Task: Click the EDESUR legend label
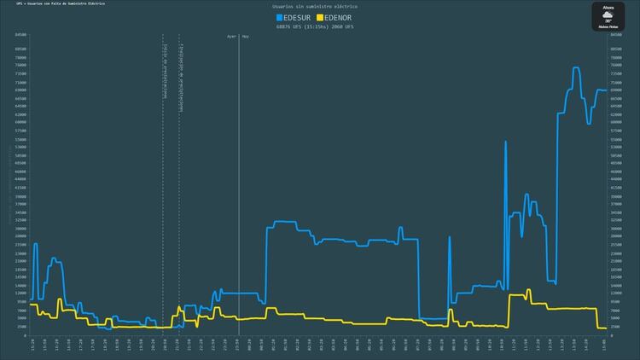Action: [x=298, y=17]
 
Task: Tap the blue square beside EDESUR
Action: [x=279, y=17]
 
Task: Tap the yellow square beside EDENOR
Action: [x=319, y=17]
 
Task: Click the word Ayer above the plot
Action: [x=230, y=37]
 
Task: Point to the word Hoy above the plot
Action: [x=246, y=37]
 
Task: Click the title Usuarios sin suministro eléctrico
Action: [x=314, y=7]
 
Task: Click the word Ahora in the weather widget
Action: [x=608, y=6]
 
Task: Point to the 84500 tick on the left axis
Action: [x=20, y=35]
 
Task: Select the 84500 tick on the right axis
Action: [x=616, y=35]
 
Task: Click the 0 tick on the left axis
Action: [x=25, y=335]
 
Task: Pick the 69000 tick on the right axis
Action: [x=616, y=90]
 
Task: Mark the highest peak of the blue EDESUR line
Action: [x=576, y=68]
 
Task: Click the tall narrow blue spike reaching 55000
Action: [x=505, y=142]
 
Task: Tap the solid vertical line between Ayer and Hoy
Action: [x=238, y=188]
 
